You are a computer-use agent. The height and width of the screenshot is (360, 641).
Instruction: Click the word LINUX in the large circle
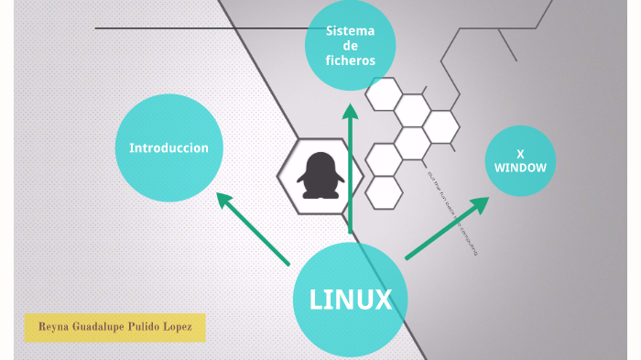tap(351, 300)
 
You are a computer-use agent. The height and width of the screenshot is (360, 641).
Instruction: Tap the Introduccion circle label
tap(168, 147)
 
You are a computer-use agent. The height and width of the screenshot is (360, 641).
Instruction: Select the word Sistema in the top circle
tap(350, 31)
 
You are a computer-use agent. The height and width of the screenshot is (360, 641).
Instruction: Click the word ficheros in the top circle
tap(350, 61)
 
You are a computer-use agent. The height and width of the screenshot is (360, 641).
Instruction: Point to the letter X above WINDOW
tap(520, 154)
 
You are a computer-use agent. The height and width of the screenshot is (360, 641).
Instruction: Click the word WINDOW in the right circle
tap(520, 169)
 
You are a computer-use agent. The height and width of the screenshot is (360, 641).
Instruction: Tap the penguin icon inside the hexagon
tap(319, 175)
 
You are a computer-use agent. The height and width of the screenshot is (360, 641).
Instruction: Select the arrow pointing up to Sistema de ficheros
tap(350, 169)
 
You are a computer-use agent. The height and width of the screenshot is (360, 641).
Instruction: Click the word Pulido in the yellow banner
tap(143, 327)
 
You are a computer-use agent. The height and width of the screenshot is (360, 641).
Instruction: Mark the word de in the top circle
tap(350, 46)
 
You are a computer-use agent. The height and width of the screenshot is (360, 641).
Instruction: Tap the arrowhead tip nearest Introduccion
tap(217, 193)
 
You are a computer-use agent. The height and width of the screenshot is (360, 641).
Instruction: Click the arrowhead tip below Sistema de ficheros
tap(350, 106)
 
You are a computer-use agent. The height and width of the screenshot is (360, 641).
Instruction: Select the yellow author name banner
tap(114, 327)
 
